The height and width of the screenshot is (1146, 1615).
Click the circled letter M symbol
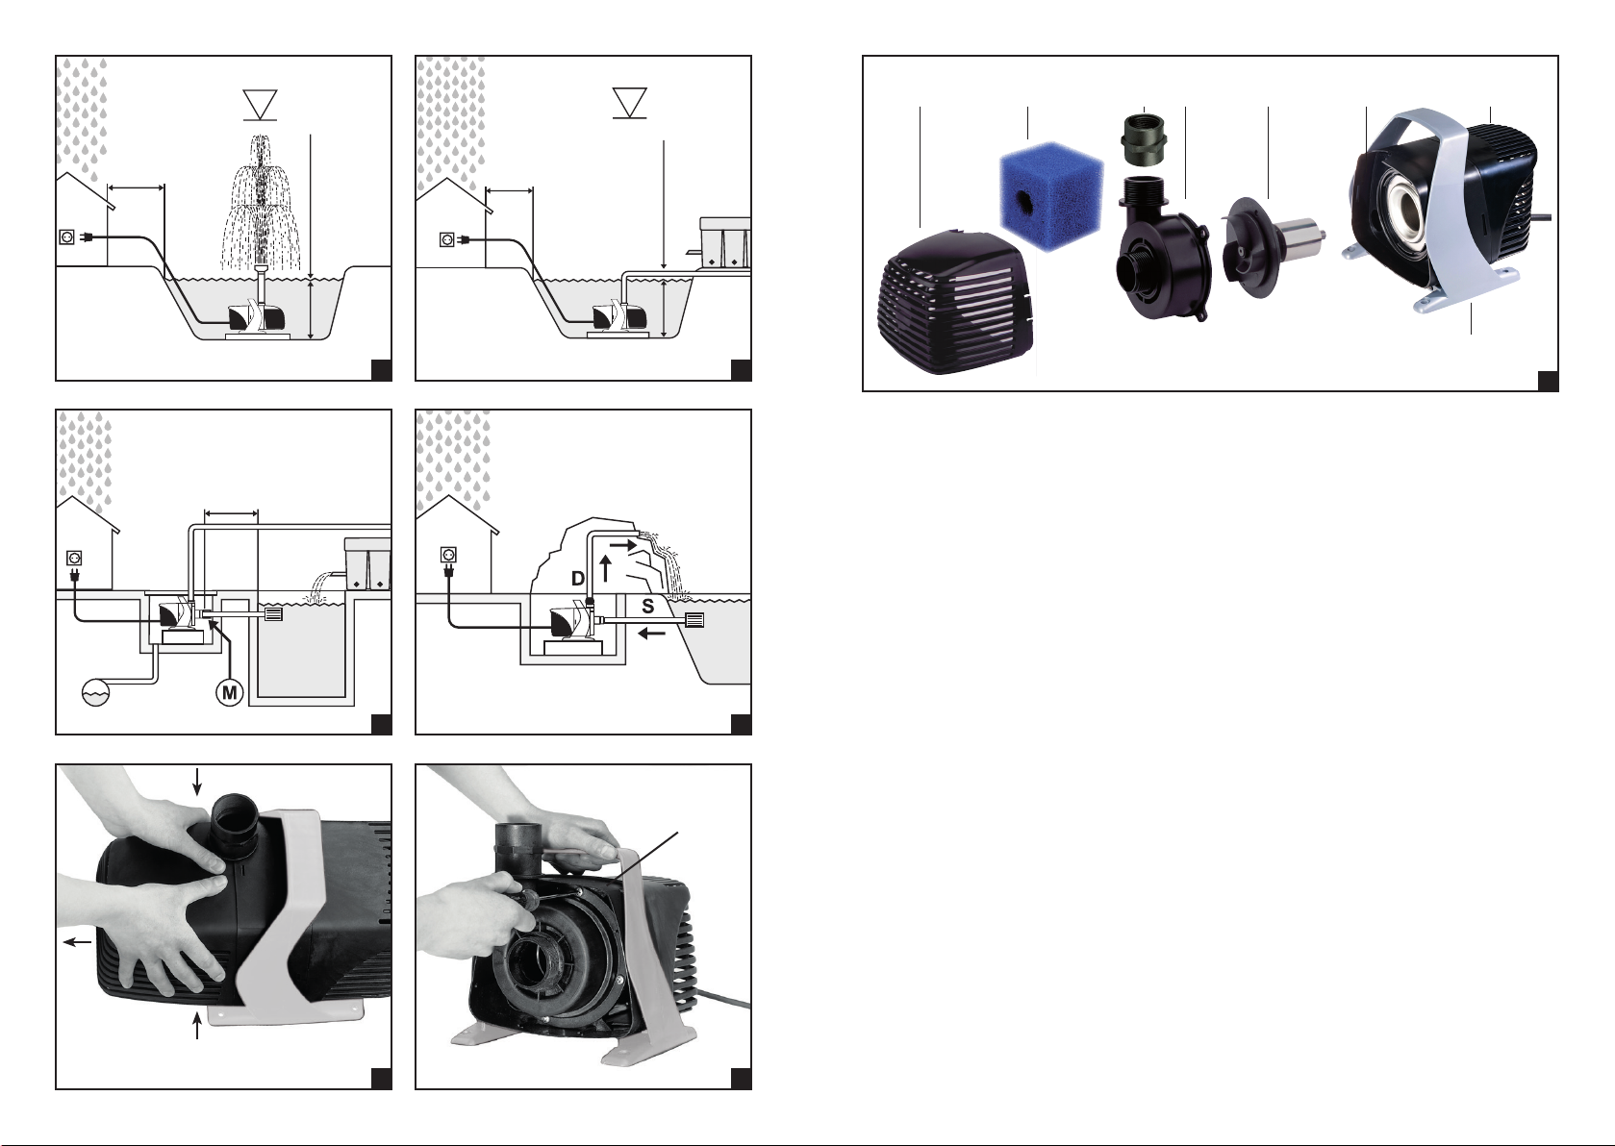click(229, 693)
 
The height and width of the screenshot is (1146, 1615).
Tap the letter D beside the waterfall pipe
click(577, 579)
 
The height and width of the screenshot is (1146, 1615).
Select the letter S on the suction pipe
click(647, 607)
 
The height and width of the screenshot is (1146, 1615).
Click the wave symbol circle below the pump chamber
click(96, 693)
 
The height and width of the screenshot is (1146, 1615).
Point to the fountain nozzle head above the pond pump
click(261, 269)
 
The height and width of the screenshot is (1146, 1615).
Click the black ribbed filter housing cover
click(957, 301)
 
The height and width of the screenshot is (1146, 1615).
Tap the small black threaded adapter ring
click(1145, 141)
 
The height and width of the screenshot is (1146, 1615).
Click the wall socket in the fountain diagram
click(67, 236)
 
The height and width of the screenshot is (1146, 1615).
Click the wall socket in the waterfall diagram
click(447, 555)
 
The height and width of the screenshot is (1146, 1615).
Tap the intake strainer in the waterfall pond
click(694, 619)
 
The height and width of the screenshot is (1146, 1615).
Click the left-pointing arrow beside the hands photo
click(78, 941)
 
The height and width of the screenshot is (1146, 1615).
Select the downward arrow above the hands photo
click(197, 782)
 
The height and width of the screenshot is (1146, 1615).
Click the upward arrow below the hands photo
click(197, 1027)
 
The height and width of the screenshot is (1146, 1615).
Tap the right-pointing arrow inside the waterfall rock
click(624, 546)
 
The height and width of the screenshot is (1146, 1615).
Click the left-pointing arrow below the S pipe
click(652, 634)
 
